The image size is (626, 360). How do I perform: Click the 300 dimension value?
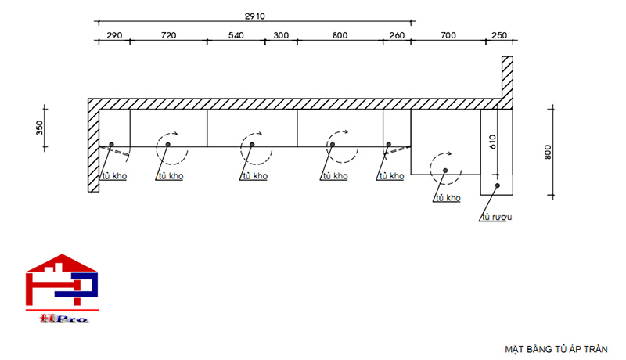(281, 36)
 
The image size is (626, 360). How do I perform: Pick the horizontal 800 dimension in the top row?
(340, 36)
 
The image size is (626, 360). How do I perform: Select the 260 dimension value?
(396, 36)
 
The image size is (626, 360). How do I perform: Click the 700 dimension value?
(448, 36)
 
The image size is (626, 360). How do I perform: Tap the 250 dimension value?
(498, 36)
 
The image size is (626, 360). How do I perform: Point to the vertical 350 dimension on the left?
(40, 128)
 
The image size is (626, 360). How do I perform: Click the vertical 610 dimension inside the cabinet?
(492, 142)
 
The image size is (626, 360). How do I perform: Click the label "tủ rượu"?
(496, 218)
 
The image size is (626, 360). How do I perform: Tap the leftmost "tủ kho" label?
(113, 176)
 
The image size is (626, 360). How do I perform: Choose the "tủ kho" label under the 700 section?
(448, 198)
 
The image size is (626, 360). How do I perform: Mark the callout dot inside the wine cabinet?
(496, 185)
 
